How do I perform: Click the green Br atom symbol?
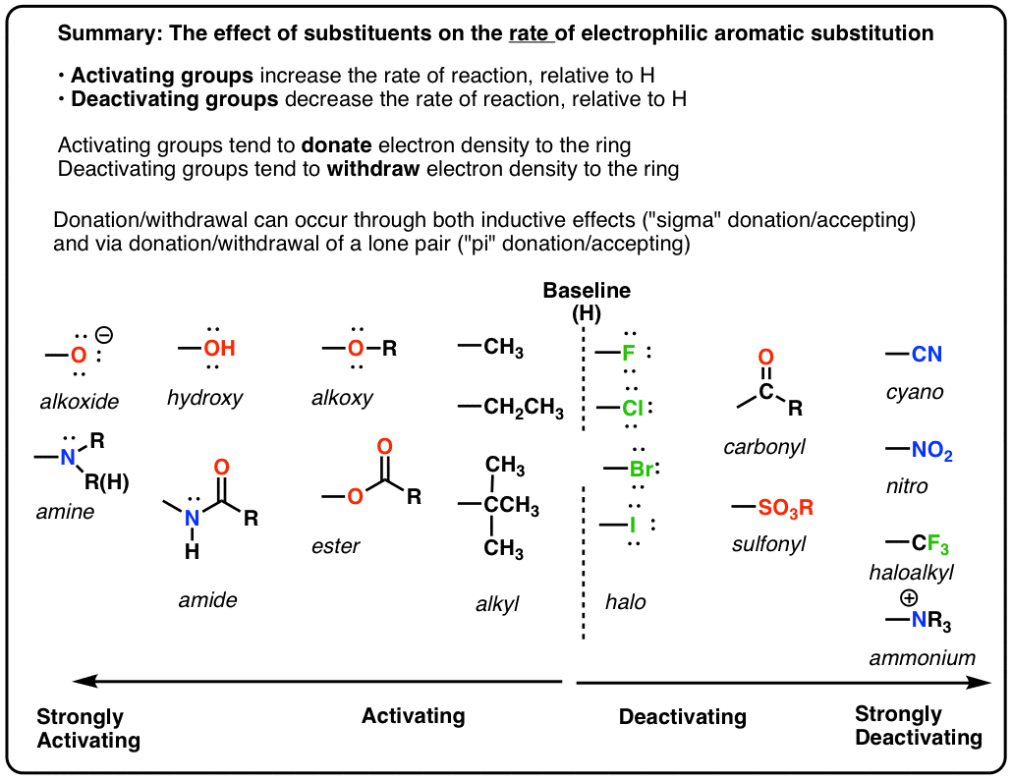[x=641, y=469]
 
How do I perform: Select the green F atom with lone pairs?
[x=629, y=351]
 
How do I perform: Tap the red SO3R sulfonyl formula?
[x=786, y=508]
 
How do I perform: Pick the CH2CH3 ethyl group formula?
[x=523, y=407]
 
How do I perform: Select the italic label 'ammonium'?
[x=923, y=658]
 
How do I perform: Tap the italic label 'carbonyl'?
[x=764, y=447]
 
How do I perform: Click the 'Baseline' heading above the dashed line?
[x=587, y=291]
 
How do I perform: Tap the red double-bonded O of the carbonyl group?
[x=765, y=358]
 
